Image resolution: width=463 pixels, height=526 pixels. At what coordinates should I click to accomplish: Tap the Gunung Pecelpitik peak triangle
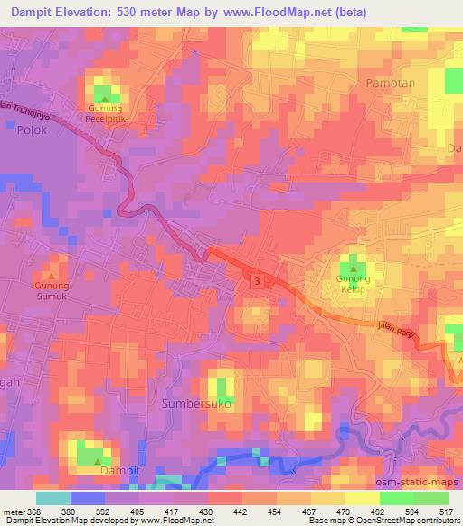[105, 99]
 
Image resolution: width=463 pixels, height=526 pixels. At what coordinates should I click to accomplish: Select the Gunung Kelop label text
[354, 285]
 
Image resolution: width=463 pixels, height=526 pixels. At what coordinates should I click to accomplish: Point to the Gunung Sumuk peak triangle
[52, 277]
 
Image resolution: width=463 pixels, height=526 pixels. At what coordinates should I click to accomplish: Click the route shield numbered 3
[259, 282]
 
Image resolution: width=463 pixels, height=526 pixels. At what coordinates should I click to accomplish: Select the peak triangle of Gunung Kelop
[352, 268]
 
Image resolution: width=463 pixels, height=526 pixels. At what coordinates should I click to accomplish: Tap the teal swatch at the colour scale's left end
[53, 497]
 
